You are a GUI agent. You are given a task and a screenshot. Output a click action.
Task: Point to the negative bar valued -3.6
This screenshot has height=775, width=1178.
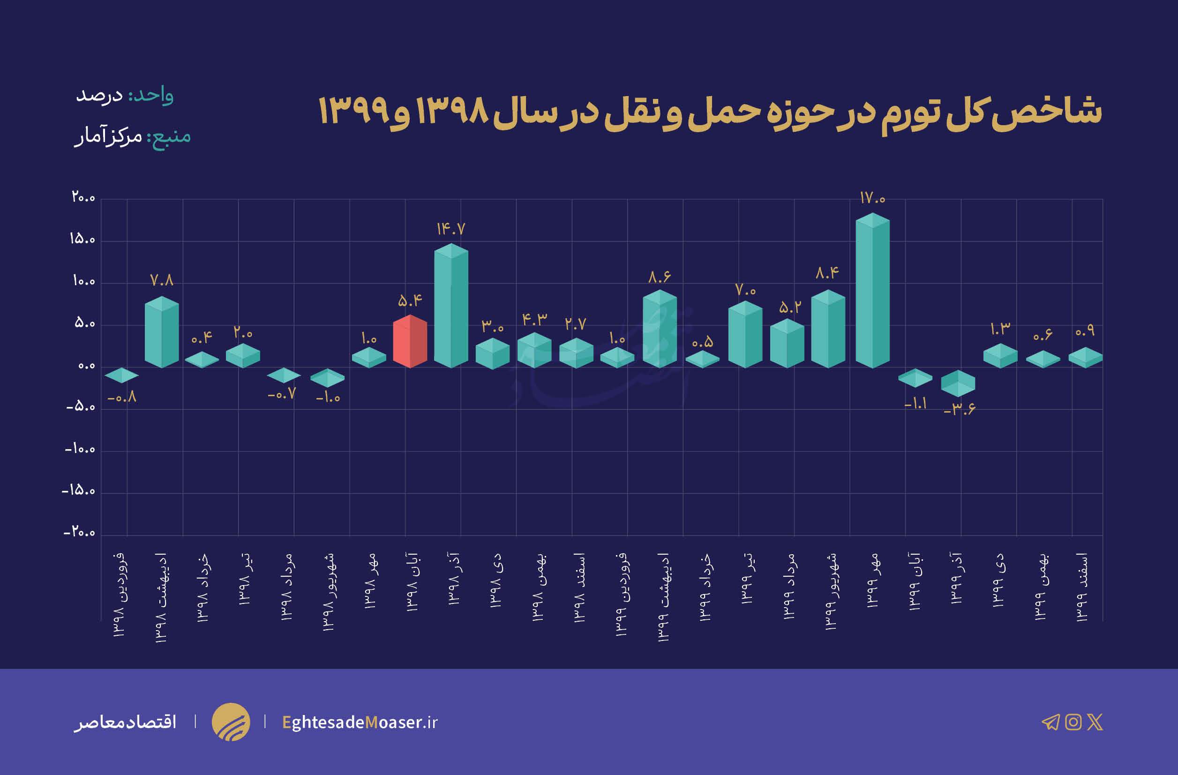[958, 383]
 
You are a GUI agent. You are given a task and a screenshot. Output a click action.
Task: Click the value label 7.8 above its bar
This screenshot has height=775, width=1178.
[162, 280]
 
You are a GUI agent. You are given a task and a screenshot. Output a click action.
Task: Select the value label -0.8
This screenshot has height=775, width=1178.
[122, 398]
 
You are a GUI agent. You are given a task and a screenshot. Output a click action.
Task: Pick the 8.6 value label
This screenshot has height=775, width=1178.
[659, 277]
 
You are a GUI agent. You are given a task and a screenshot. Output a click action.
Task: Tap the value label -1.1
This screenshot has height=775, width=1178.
[915, 404]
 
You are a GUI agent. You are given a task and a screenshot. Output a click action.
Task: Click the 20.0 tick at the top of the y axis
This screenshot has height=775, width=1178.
[83, 197]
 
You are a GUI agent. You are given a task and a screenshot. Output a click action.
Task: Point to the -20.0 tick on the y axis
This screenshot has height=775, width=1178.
[79, 533]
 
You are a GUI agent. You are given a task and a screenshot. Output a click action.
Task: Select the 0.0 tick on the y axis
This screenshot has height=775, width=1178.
[87, 366]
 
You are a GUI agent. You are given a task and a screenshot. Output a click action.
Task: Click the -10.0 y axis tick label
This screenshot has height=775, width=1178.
[80, 449]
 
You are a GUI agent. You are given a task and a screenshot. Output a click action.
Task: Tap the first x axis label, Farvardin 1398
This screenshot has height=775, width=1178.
[120, 594]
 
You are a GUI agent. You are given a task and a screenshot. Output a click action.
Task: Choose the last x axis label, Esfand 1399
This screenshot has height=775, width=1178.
[1082, 587]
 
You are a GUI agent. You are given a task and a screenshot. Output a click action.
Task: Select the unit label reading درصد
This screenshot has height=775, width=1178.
[99, 95]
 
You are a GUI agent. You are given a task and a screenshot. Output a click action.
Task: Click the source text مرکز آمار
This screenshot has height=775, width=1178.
[108, 136]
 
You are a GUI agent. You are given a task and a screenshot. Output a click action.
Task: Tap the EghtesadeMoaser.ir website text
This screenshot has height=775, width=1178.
[360, 722]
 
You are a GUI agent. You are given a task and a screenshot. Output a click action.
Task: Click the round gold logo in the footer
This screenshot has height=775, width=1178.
[231, 722]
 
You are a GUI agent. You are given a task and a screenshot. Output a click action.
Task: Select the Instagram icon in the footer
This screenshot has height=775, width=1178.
[1073, 722]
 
